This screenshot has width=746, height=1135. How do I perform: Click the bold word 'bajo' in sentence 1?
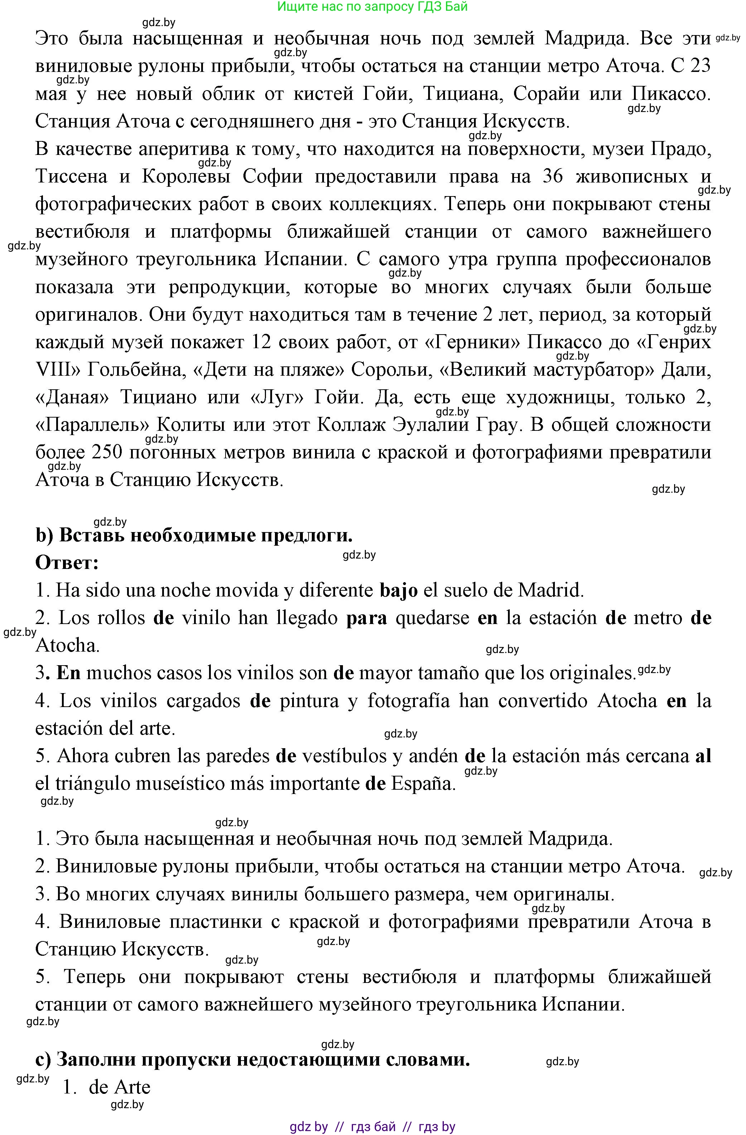point(399,590)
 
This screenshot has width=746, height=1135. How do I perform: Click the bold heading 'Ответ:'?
point(67,563)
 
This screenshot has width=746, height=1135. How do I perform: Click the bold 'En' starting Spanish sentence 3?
point(68,673)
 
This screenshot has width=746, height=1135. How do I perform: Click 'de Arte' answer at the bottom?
point(119,1087)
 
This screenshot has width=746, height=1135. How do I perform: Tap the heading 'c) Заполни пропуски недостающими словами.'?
point(253,1059)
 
